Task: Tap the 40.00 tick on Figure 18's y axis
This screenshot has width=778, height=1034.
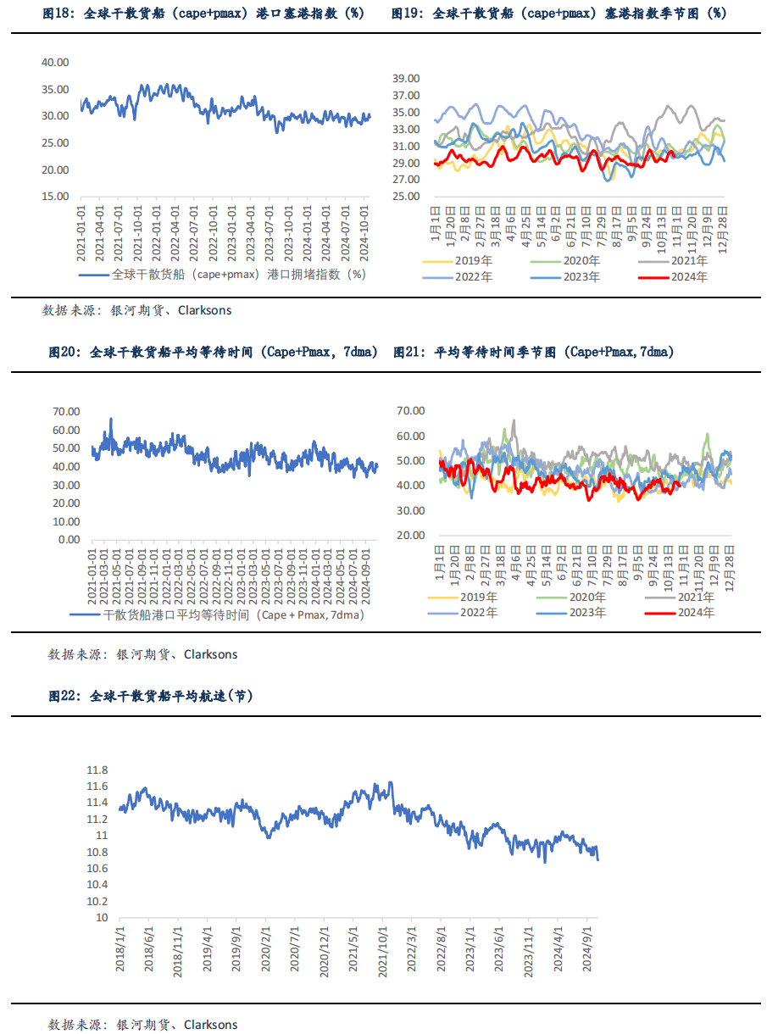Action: pyautogui.click(x=55, y=62)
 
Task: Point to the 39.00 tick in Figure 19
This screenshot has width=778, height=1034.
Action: pyautogui.click(x=405, y=78)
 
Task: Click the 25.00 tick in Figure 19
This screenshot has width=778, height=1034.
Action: pyautogui.click(x=405, y=197)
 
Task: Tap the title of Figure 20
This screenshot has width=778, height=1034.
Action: pyautogui.click(x=213, y=352)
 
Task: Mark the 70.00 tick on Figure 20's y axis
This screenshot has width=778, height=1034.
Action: pyautogui.click(x=66, y=411)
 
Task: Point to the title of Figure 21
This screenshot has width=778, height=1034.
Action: pyautogui.click(x=533, y=352)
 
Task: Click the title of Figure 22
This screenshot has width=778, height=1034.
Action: pyautogui.click(x=150, y=696)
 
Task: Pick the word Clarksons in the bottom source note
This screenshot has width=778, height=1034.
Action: pyautogui.click(x=211, y=1025)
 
